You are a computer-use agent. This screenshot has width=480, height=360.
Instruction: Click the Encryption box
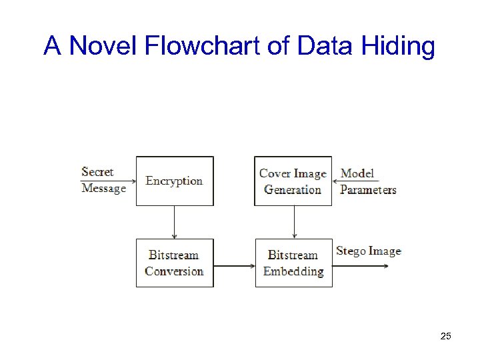coord(175,181)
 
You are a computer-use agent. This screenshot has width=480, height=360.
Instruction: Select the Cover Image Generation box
coord(293,181)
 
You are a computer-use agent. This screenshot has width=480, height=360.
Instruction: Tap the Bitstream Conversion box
coord(175,263)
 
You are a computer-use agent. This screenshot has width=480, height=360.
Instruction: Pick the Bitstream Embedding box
coord(293,263)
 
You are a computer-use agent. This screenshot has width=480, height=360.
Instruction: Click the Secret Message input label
coord(103,180)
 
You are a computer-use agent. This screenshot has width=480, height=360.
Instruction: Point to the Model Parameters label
coord(367,181)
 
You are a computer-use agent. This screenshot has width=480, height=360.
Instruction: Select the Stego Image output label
coord(368,251)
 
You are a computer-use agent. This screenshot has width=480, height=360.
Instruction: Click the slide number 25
coord(446,336)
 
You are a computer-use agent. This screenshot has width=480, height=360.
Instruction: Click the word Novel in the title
coord(99,46)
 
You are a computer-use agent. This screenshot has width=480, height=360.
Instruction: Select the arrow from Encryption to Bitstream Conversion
coord(175,222)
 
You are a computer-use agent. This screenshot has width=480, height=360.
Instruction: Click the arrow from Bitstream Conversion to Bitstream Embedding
coord(234,266)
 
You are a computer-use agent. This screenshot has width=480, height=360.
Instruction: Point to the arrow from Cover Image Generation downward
coord(293,222)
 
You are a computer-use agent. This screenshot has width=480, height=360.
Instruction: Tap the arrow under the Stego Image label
coord(361,266)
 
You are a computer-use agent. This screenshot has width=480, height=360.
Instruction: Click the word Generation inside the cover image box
coord(293,189)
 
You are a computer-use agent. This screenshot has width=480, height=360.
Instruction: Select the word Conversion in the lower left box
coord(174,271)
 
